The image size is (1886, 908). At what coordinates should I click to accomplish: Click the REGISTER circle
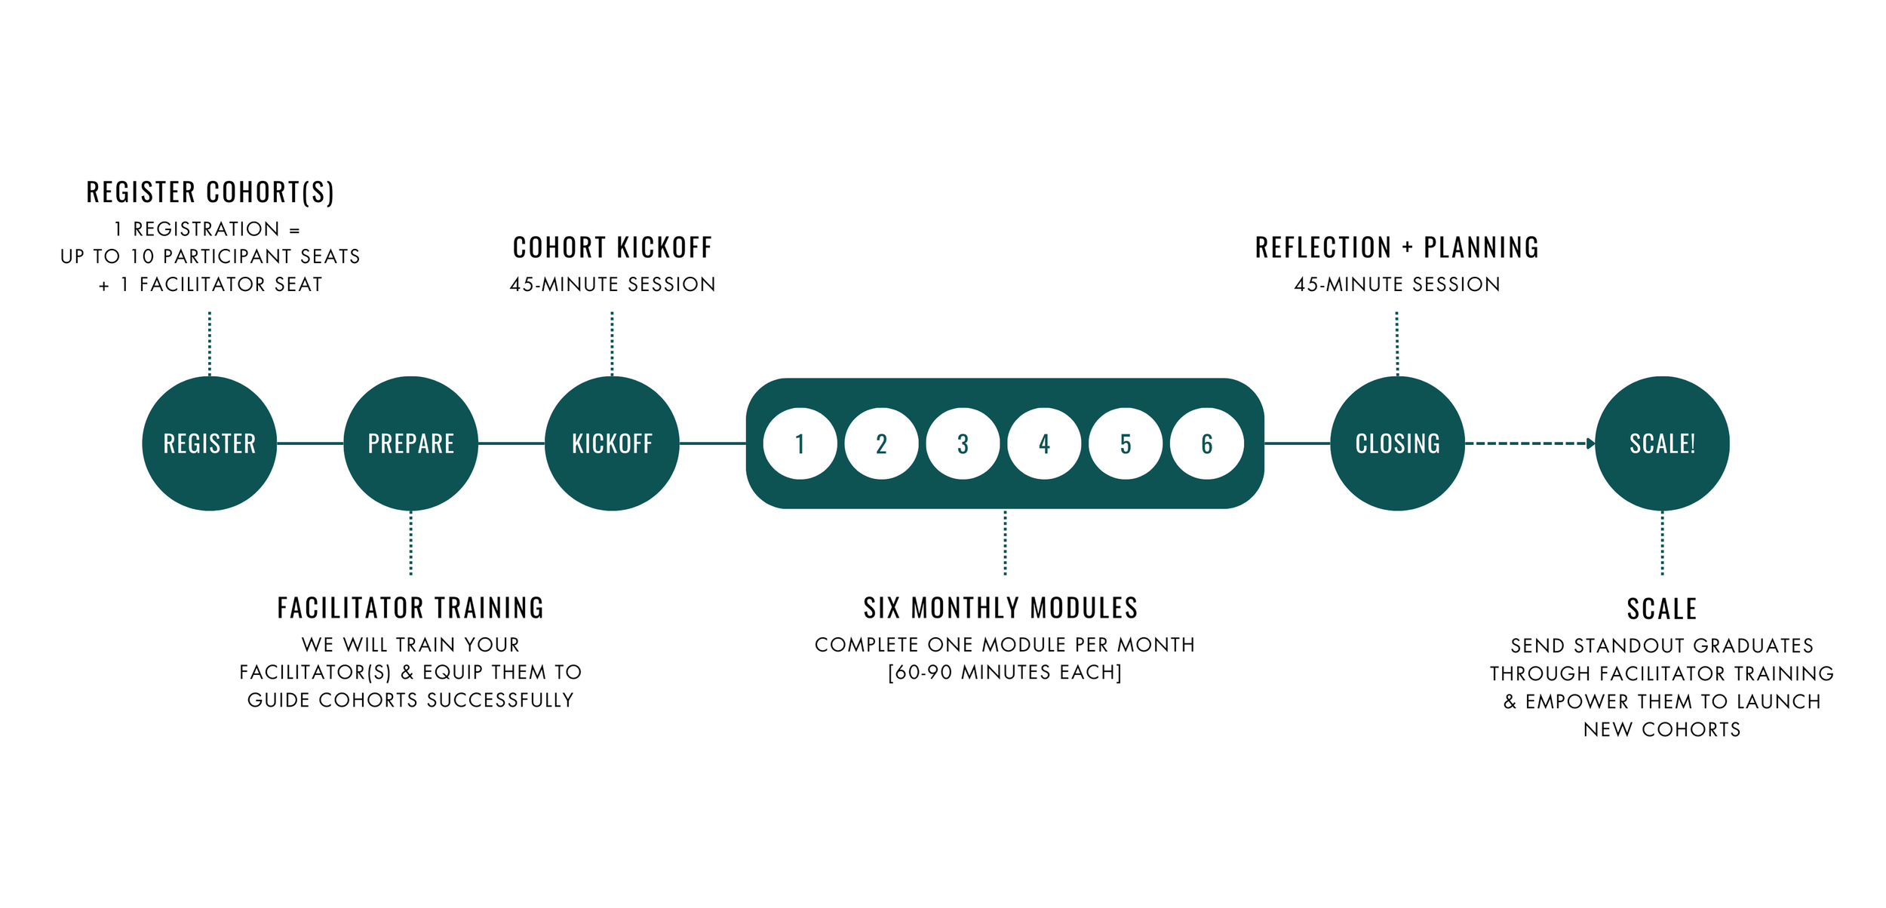tap(210, 443)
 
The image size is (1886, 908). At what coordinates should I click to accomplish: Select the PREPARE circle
tap(410, 443)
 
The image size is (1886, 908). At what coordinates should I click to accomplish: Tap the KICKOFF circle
tap(612, 443)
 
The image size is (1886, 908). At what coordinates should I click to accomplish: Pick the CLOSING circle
tap(1397, 443)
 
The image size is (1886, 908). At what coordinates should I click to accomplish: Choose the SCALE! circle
tap(1662, 443)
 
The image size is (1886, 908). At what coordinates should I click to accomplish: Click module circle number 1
tap(800, 443)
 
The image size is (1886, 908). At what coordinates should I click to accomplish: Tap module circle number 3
tap(963, 443)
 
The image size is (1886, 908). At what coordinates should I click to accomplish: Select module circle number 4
tap(1044, 443)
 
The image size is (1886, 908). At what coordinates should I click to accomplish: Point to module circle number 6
tap(1207, 443)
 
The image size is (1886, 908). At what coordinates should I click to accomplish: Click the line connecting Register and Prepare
tap(310, 443)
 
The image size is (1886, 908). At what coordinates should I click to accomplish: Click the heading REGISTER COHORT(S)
tap(210, 192)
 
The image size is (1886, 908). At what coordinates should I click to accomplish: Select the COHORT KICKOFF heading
tap(612, 247)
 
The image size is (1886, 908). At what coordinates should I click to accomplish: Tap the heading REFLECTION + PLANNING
tap(1397, 247)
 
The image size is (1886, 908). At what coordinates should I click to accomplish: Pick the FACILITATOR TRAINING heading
tap(410, 608)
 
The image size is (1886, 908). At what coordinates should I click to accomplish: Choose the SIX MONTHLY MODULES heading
tap(1000, 608)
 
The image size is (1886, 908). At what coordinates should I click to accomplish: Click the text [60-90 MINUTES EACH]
tap(1005, 672)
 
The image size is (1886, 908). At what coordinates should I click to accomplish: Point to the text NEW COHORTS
tap(1662, 729)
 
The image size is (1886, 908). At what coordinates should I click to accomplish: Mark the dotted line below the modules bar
tap(1005, 543)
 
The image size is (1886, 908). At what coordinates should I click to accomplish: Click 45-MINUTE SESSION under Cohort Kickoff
tap(612, 284)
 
